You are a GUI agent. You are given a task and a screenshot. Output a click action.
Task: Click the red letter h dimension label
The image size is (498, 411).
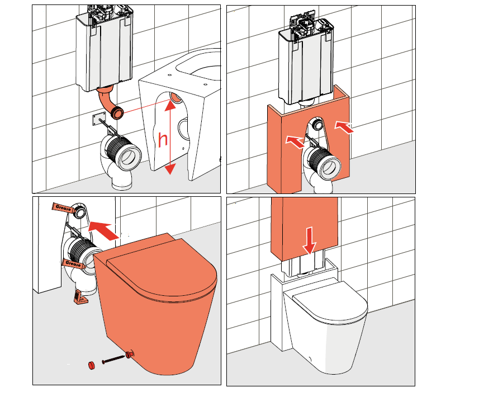click(163, 140)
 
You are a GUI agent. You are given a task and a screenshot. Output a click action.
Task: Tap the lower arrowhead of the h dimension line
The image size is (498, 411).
click(170, 169)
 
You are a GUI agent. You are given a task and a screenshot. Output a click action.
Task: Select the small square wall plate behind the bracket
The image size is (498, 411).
click(99, 120)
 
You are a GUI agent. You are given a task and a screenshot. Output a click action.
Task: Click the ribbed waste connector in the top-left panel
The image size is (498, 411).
click(122, 154)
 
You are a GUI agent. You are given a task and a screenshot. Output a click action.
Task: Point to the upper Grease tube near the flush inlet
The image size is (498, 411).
click(64, 208)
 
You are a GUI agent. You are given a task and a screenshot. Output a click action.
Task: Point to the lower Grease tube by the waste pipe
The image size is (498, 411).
click(74, 264)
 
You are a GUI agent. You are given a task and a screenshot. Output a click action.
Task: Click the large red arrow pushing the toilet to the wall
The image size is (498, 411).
click(103, 231)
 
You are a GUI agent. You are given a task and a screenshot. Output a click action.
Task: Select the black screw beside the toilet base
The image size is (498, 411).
click(113, 360)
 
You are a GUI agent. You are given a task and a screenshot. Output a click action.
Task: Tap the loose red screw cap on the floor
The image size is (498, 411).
click(92, 365)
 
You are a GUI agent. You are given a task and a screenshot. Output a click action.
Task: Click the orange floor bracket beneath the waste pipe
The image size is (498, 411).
click(81, 297)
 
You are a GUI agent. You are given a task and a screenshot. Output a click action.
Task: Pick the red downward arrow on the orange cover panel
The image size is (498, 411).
click(309, 240)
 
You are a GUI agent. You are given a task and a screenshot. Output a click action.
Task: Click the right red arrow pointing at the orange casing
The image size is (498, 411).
click(344, 127)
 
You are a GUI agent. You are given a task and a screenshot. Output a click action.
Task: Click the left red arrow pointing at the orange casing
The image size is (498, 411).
click(295, 142)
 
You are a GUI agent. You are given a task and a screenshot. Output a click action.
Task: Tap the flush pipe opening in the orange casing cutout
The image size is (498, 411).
click(317, 124)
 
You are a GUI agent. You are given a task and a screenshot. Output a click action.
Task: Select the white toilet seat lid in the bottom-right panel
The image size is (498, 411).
click(330, 299)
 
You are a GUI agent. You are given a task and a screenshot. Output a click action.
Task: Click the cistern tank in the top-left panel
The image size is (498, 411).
click(104, 48)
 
